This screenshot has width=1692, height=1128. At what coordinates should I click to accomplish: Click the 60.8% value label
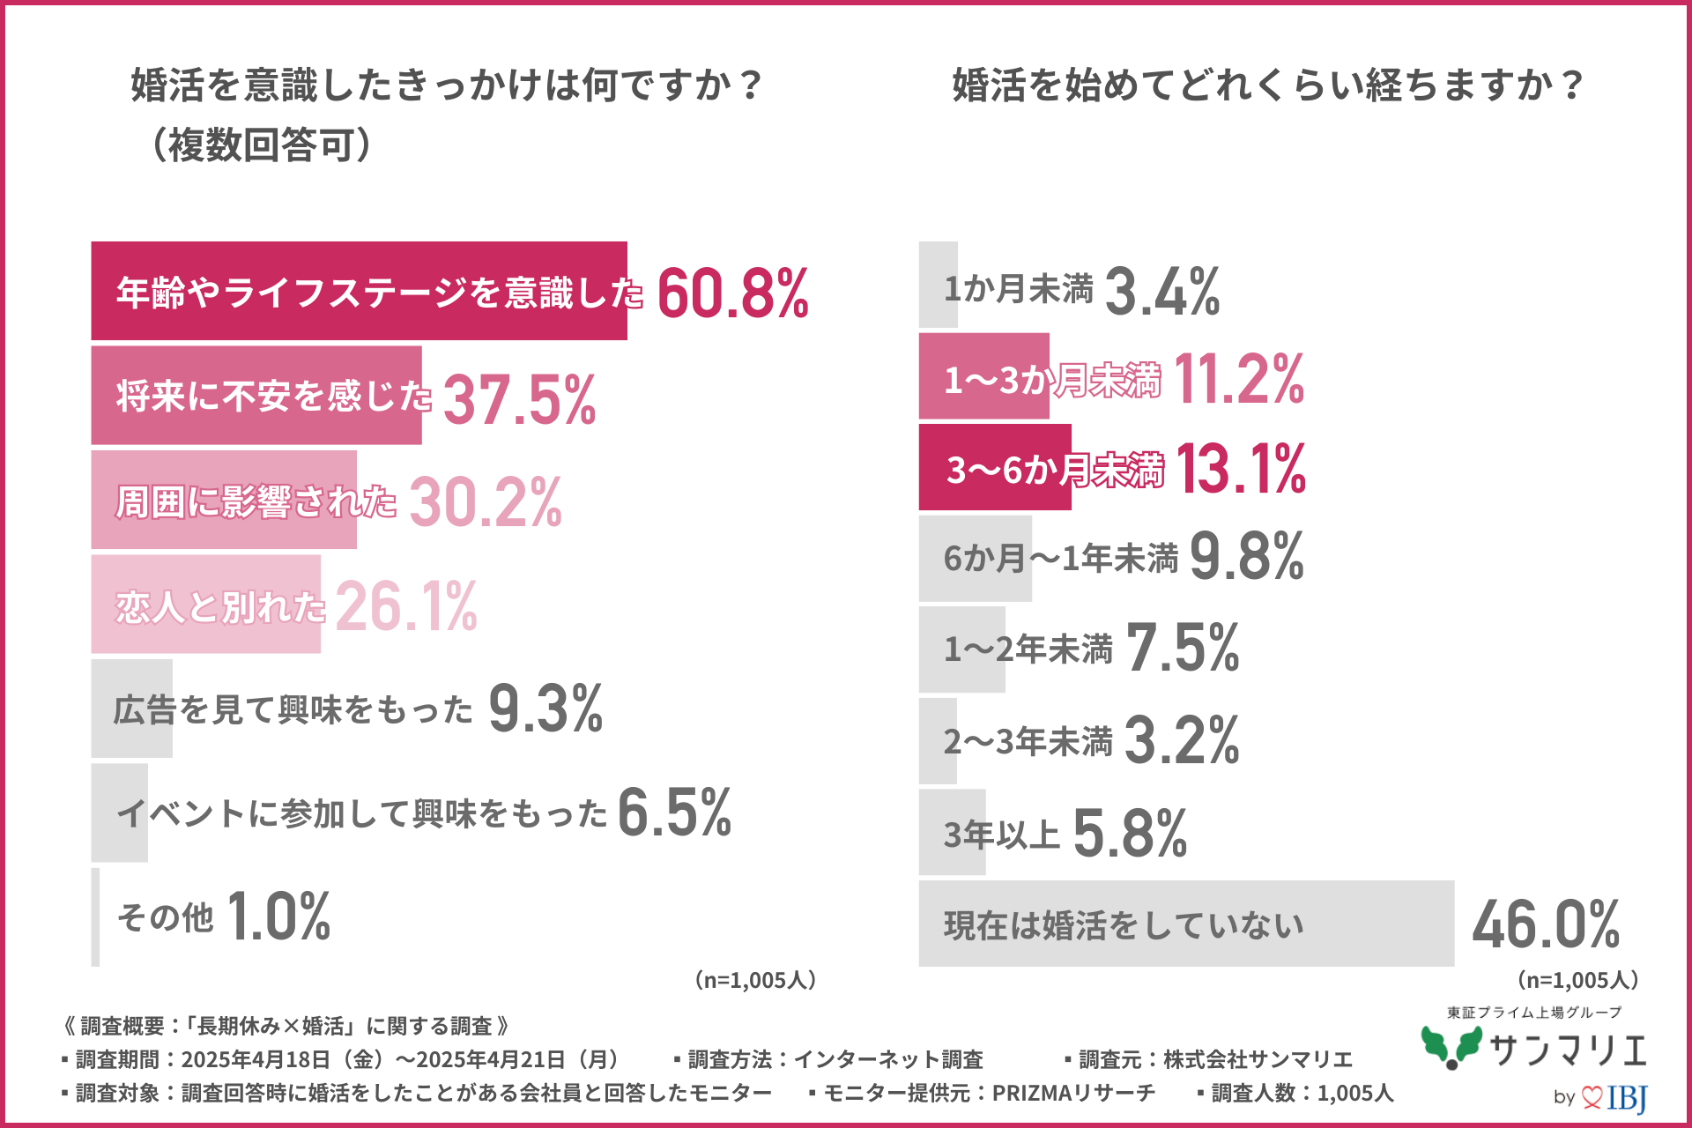(732, 293)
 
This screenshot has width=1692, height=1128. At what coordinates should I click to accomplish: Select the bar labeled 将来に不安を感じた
(256, 396)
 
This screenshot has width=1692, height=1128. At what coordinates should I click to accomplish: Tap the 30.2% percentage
(485, 502)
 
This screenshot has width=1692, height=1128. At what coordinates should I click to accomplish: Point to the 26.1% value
(406, 606)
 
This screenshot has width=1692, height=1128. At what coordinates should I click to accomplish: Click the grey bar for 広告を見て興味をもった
(132, 709)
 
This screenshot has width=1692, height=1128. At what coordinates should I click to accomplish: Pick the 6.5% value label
(674, 813)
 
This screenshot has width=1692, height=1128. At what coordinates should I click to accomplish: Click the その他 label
(166, 917)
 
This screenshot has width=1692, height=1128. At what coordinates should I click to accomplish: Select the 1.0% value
(278, 916)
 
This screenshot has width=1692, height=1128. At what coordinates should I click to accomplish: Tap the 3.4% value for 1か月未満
(1161, 292)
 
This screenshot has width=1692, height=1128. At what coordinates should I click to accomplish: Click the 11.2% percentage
(1238, 380)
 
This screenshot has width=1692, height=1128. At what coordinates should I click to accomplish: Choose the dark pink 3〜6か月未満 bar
(994, 467)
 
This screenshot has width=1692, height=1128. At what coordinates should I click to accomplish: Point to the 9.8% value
(1246, 557)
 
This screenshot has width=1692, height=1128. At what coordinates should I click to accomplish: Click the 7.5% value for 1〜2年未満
(1182, 649)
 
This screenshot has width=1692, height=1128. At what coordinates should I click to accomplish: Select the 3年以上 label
(1001, 834)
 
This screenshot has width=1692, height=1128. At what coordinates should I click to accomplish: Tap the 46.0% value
(1546, 924)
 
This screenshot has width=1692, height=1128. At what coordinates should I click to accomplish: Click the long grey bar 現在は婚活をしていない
(1185, 924)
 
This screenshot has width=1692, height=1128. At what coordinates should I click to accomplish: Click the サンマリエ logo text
(1568, 1050)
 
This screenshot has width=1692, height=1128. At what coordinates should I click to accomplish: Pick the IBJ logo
(1626, 1098)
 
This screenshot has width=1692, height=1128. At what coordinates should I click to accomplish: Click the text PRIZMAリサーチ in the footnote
(1073, 1093)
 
